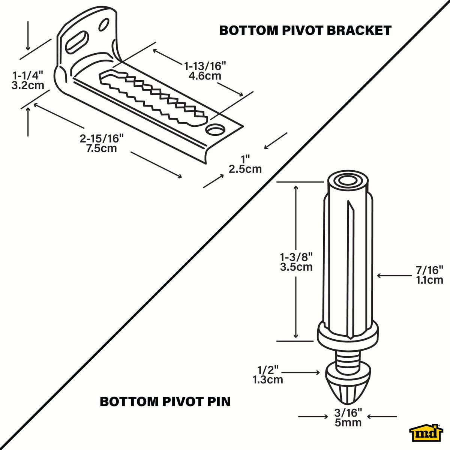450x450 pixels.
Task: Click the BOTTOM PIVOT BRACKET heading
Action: (x=305, y=30)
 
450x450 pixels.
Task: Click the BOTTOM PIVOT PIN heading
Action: (x=165, y=402)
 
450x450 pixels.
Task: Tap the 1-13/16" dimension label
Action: (x=205, y=66)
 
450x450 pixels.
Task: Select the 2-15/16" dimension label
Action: (x=102, y=139)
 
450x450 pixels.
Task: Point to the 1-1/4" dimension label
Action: (x=28, y=74)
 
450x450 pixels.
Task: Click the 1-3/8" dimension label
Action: (x=296, y=257)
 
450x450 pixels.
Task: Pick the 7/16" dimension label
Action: (x=429, y=270)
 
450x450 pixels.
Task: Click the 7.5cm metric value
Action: (x=102, y=148)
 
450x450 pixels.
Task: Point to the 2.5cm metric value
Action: (x=245, y=169)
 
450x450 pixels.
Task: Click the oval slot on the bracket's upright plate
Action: (x=77, y=42)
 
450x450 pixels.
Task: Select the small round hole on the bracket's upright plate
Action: (x=102, y=25)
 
